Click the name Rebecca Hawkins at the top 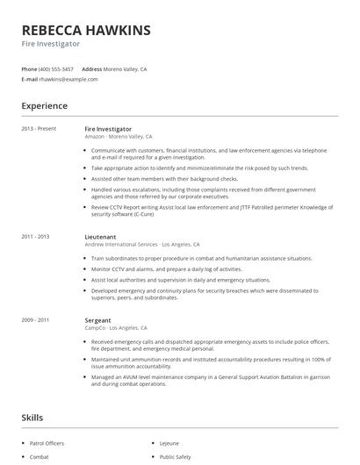click(86, 30)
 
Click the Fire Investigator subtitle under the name click(51, 44)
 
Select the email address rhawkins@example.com click(68, 79)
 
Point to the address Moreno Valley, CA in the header click(126, 68)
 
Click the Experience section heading click(45, 106)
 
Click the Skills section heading click(32, 418)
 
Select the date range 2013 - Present click(39, 129)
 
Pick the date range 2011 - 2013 click(36, 237)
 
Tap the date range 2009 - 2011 click(36, 320)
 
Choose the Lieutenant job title click(102, 237)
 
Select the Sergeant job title click(99, 320)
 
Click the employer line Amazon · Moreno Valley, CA click(119, 137)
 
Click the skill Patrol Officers click(47, 444)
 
